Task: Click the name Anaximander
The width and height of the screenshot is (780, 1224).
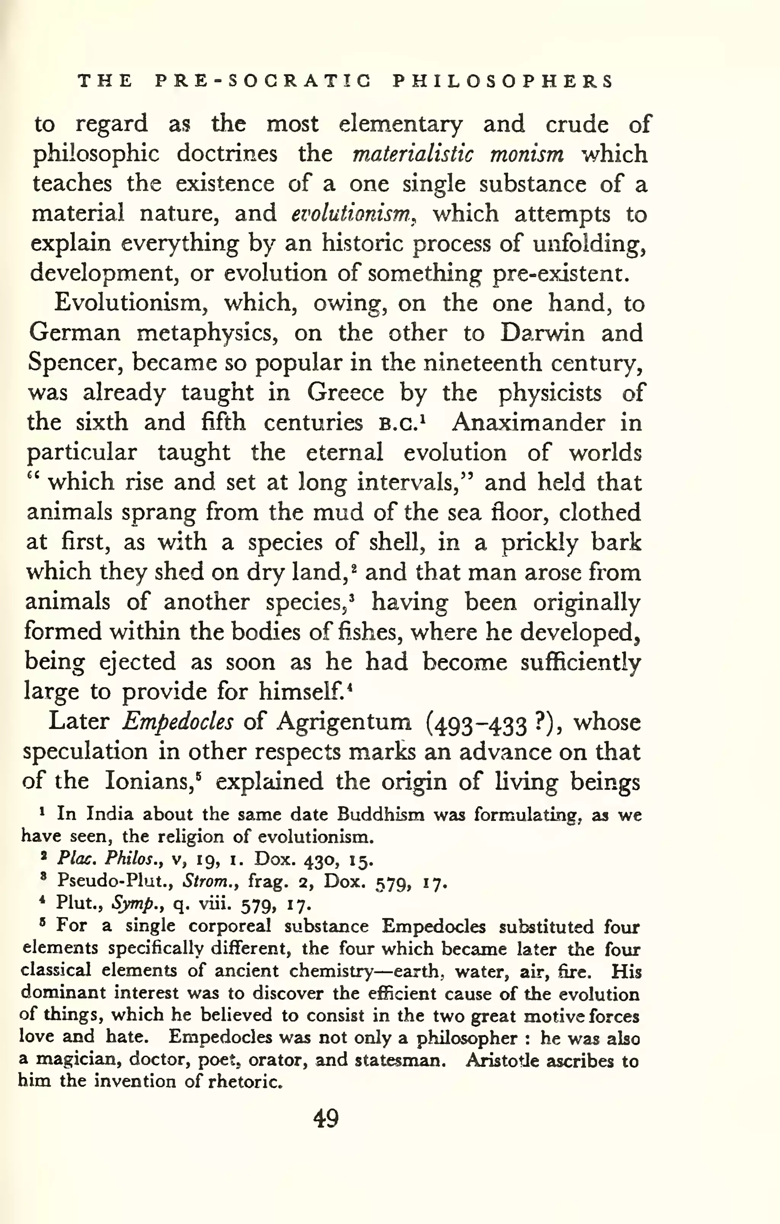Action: (528, 422)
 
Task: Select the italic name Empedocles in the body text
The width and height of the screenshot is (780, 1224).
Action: (177, 722)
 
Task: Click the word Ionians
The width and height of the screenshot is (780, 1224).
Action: (150, 781)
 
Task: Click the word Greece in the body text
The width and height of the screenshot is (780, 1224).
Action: (345, 393)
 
